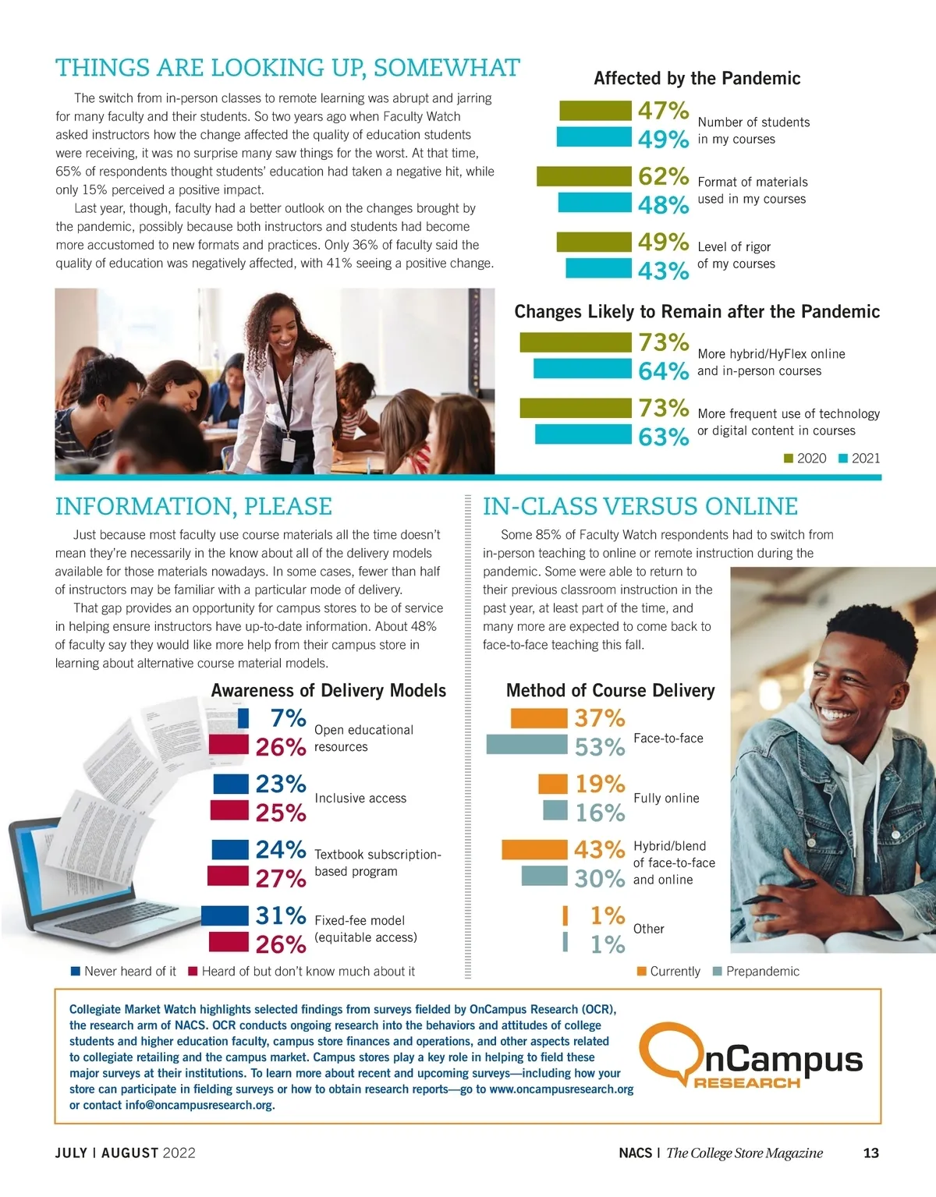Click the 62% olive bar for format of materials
point(583,176)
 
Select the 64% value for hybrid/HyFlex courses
point(663,370)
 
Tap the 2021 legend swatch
point(842,459)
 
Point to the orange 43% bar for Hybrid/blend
point(534,849)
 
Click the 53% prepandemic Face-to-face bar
point(526,745)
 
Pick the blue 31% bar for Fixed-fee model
point(225,915)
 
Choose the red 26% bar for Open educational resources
point(229,745)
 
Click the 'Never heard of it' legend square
point(76,972)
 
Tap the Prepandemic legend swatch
point(718,972)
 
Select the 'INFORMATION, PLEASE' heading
point(193,507)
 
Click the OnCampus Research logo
point(750,1057)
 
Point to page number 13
point(871,1153)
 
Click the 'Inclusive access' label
point(360,799)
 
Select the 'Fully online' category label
point(666,799)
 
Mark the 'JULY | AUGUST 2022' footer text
point(125,1153)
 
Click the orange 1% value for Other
point(607,915)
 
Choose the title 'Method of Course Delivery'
point(610,691)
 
